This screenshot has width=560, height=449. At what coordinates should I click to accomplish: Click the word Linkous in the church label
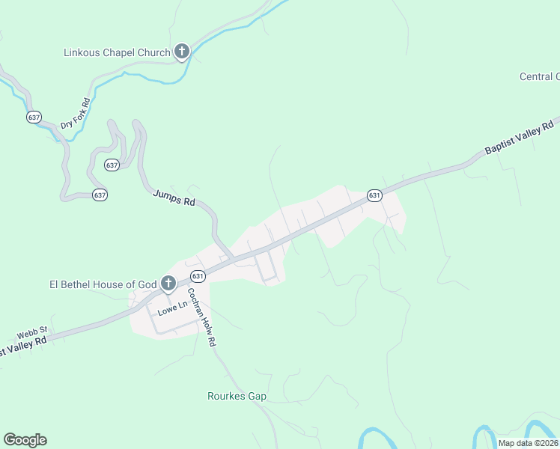coord(83,52)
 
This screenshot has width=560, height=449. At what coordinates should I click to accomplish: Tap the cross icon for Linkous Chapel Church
coord(181,52)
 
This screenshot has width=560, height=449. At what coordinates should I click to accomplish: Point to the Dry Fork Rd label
coord(76,113)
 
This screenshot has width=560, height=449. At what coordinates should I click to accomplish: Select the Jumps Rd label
coord(174,198)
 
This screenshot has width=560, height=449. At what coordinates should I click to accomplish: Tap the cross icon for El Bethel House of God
coord(168,284)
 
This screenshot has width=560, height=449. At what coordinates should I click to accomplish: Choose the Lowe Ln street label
coord(171,307)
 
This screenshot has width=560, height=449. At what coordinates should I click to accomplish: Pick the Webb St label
coord(33,329)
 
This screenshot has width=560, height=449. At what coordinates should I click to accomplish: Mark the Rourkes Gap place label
coord(237,396)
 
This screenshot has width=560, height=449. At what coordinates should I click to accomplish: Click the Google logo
coord(25,440)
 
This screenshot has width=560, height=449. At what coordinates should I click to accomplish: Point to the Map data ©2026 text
coord(528,443)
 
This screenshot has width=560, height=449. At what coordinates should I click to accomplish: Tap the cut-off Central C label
coord(539,76)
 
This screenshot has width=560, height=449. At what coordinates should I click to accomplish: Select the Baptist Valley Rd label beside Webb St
coord(22,346)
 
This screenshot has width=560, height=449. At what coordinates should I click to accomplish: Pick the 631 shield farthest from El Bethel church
coord(375,195)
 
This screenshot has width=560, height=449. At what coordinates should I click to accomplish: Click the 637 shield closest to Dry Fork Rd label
coord(34,117)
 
